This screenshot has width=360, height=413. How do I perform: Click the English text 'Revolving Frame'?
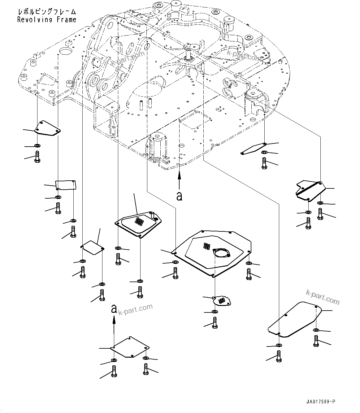pyautogui.click(x=47, y=20)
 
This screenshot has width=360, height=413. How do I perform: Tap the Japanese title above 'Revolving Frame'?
pyautogui.click(x=47, y=12)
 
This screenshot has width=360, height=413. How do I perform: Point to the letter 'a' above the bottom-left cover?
pyautogui.click(x=114, y=308)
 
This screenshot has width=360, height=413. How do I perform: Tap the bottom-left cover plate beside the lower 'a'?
pyautogui.click(x=130, y=347)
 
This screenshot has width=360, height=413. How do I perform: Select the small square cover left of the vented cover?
pyautogui.click(x=92, y=247)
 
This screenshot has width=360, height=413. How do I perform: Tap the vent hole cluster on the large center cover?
pyautogui.click(x=206, y=246)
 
